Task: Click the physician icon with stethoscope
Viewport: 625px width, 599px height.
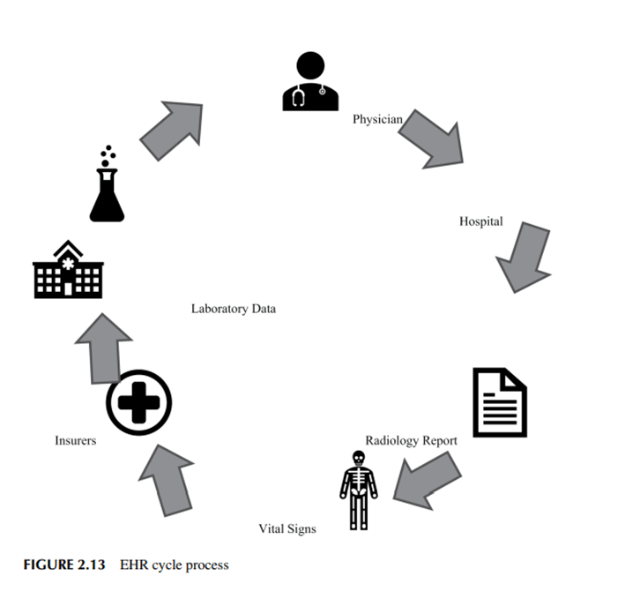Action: click(310, 82)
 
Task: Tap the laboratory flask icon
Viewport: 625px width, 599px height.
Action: click(107, 187)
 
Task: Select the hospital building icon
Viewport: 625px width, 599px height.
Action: click(68, 270)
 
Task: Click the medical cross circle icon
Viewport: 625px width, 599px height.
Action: click(138, 402)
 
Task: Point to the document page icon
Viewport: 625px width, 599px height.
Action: click(500, 402)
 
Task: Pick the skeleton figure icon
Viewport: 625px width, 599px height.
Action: click(358, 490)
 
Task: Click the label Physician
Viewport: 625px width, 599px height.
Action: click(377, 119)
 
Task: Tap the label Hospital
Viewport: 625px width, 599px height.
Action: click(480, 221)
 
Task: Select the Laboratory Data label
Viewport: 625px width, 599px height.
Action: click(233, 309)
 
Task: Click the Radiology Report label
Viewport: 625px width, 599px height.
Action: click(411, 440)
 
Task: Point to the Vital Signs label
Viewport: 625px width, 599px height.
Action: click(286, 528)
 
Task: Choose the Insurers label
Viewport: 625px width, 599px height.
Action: click(75, 440)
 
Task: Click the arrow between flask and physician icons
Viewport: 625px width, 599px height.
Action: click(172, 131)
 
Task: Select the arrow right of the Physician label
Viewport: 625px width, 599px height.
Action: click(431, 138)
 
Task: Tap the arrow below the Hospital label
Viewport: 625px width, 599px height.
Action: click(525, 257)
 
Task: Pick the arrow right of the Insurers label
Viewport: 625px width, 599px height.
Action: click(166, 477)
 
